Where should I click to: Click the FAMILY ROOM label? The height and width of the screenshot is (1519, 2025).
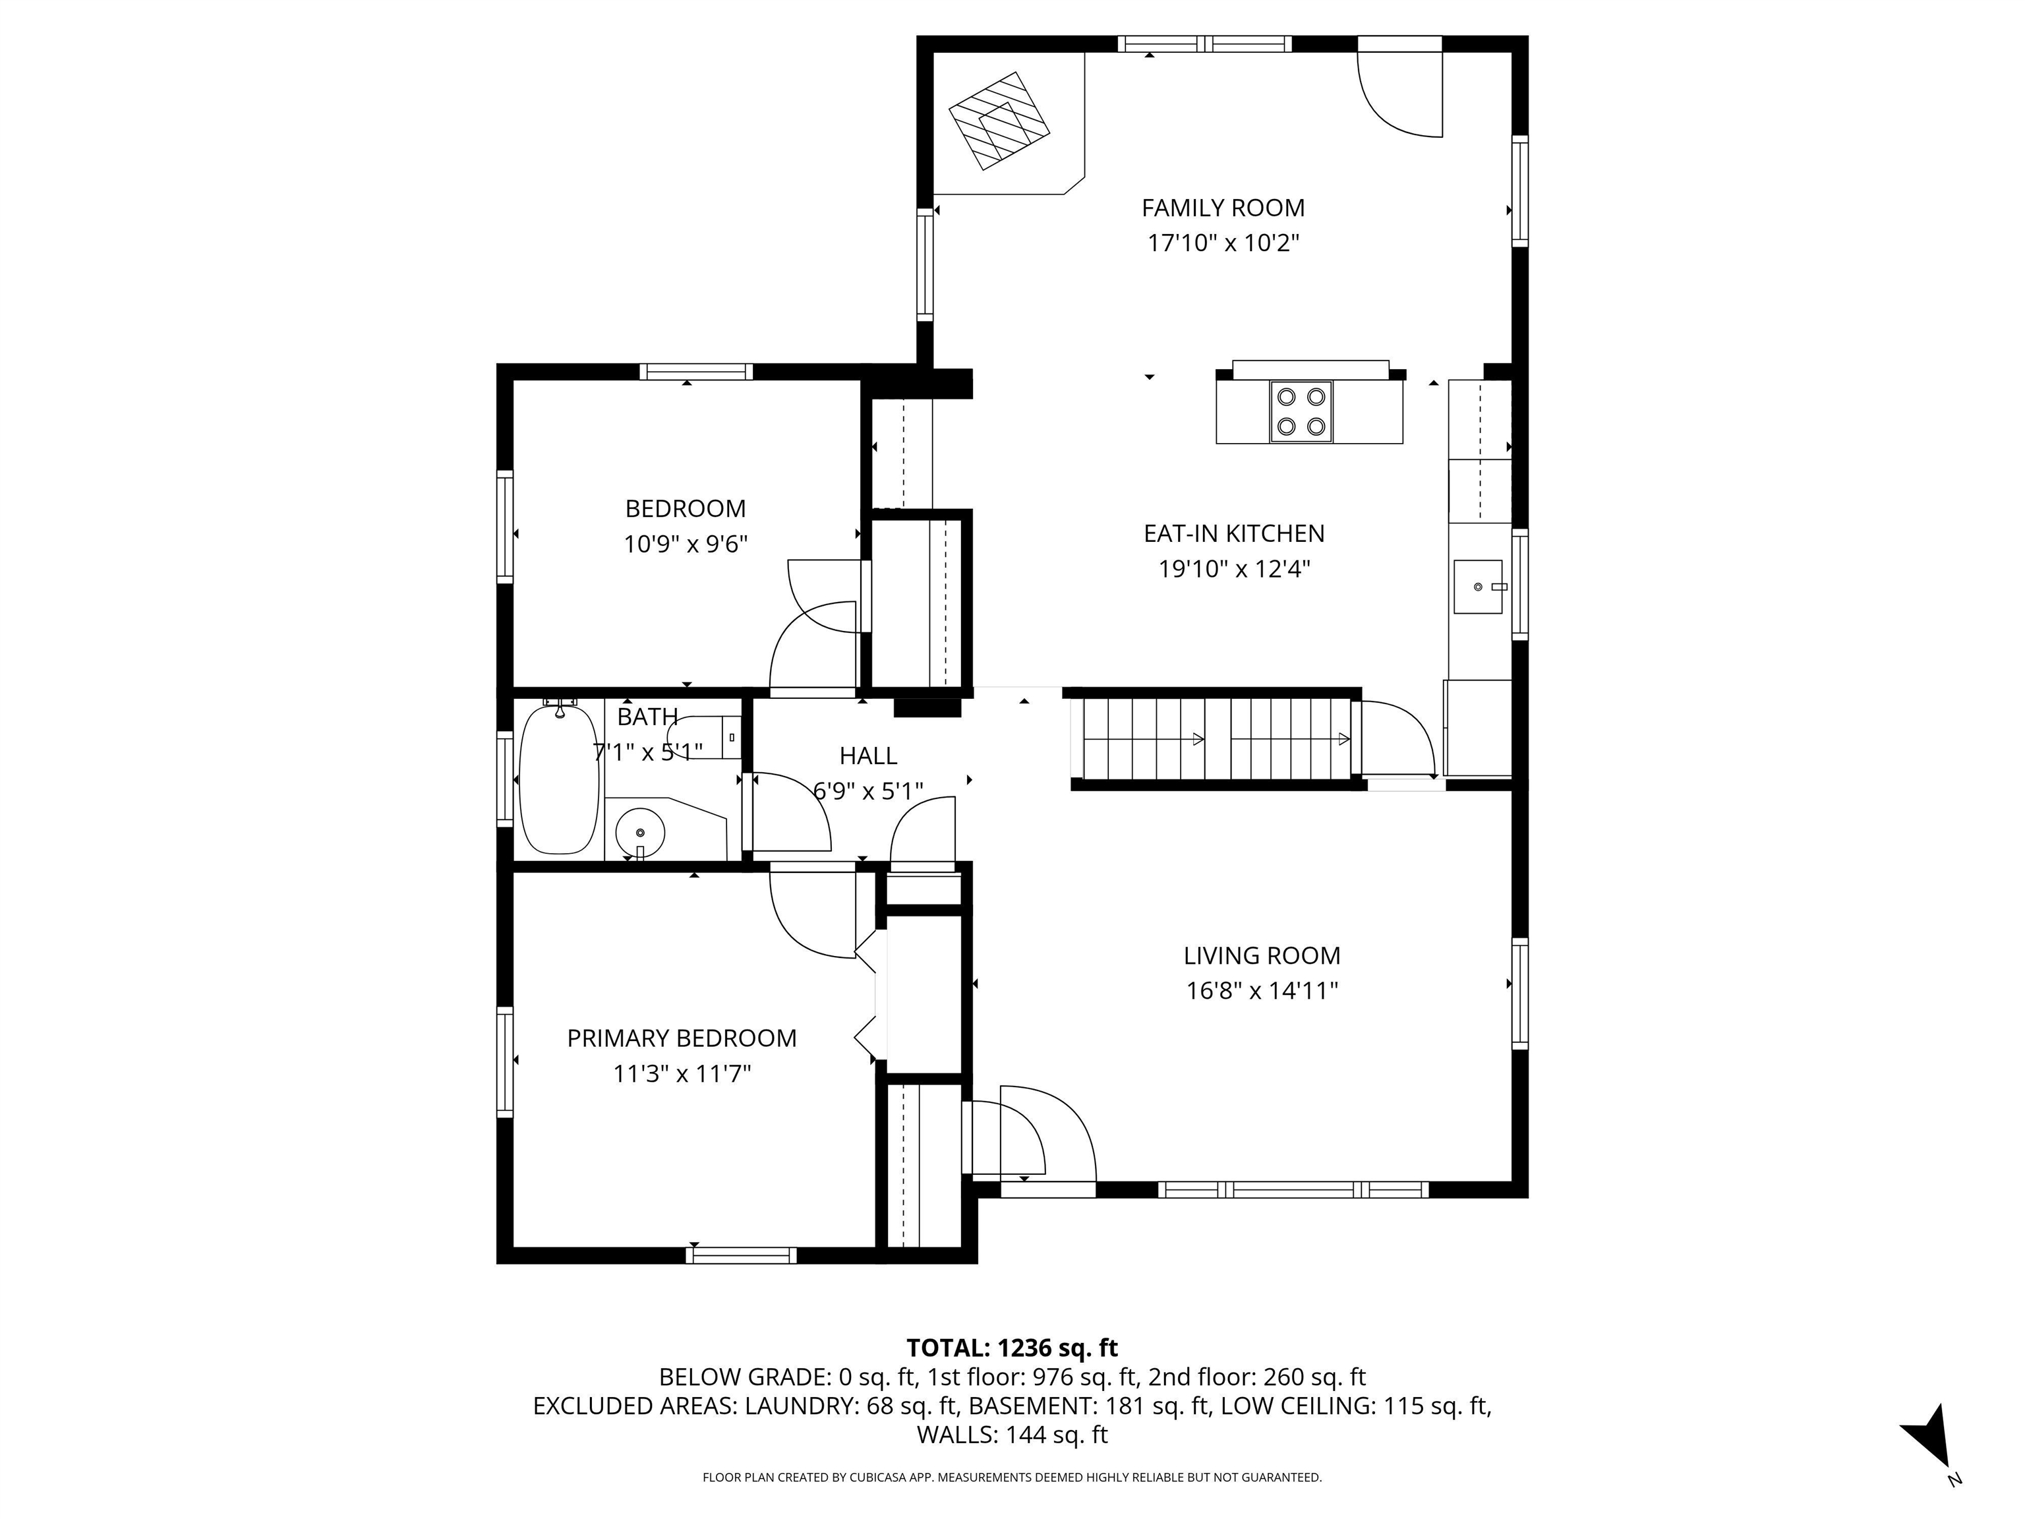[1222, 208]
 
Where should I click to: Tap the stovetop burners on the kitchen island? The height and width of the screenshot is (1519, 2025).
[1301, 411]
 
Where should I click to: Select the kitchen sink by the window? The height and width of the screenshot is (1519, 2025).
[1477, 586]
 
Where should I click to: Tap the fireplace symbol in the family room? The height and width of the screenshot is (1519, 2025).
[998, 120]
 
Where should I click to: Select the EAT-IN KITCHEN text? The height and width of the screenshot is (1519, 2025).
[1233, 533]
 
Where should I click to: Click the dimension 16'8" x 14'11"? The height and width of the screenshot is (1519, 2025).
[1262, 991]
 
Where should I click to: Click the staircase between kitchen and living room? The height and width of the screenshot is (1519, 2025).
[1213, 739]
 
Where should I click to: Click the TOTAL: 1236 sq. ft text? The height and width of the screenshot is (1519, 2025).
[1012, 1348]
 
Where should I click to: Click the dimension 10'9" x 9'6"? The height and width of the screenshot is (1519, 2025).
[685, 545]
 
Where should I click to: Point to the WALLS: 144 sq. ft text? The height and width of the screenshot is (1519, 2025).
[1012, 1435]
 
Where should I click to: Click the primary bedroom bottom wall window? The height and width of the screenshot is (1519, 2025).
[741, 1255]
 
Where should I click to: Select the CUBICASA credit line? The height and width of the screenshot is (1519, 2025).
[1012, 1477]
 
